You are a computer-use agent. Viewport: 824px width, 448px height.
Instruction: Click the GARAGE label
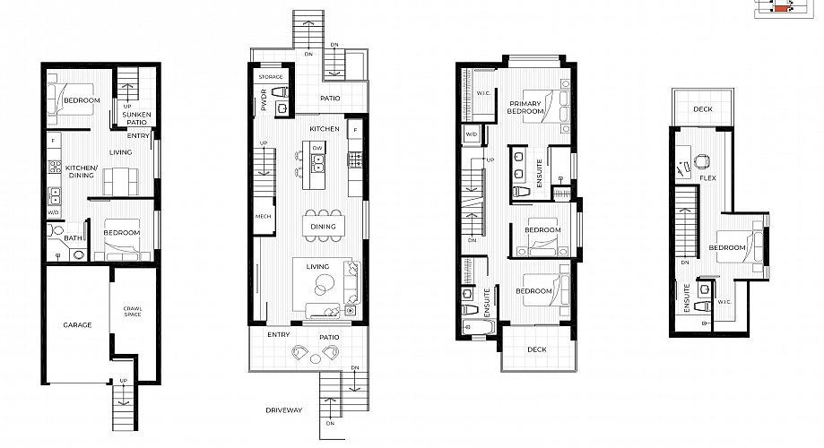[x=77, y=325]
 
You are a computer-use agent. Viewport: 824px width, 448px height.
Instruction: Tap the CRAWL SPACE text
[x=133, y=312]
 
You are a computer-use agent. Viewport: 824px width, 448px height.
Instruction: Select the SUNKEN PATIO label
[x=136, y=118]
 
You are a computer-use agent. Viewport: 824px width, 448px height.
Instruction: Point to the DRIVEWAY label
[x=283, y=410]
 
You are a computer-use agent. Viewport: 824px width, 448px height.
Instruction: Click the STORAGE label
[x=271, y=77]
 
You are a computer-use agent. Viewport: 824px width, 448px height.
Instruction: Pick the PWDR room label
[x=264, y=99]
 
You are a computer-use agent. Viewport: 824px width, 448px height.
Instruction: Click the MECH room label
[x=264, y=217]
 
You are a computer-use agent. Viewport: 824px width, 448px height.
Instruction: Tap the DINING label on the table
[x=323, y=227]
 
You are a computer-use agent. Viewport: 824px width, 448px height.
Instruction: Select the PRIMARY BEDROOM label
[x=525, y=108]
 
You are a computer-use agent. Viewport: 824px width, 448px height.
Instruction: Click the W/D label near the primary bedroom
[x=472, y=134]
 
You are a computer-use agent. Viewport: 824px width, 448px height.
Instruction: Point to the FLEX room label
[x=707, y=178]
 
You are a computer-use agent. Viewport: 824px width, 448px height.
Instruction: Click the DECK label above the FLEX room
[x=703, y=109]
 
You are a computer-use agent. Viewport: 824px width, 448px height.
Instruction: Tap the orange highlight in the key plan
[x=781, y=8]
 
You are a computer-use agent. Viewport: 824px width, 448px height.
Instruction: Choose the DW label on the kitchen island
[x=317, y=148]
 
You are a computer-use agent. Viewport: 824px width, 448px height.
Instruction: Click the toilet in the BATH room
[x=55, y=230]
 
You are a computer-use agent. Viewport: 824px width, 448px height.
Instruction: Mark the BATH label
[x=73, y=238]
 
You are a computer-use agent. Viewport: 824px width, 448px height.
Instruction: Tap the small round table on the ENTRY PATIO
[x=316, y=358]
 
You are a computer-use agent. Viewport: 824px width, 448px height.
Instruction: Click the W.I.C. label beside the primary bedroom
[x=483, y=93]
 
